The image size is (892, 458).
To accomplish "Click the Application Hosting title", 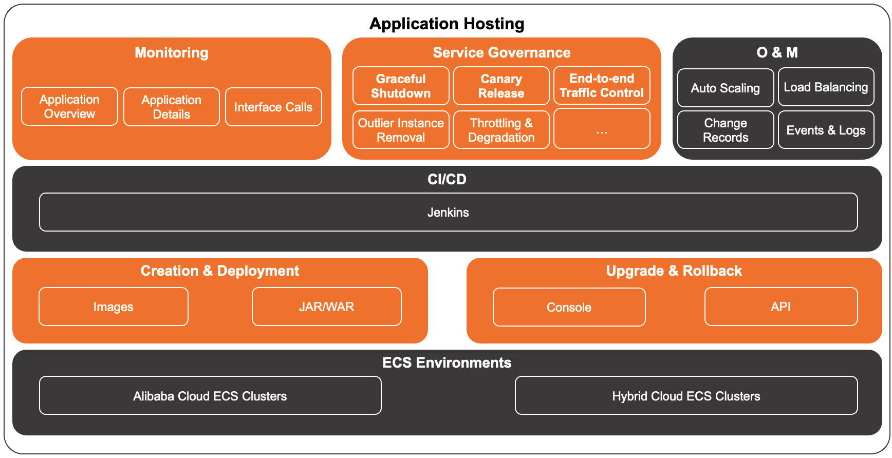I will click(447, 24).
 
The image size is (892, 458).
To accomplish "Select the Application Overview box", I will click(69, 106).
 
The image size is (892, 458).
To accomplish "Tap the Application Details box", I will click(171, 107).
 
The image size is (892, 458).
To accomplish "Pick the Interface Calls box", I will click(273, 107).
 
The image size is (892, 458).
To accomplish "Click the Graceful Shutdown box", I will click(401, 86).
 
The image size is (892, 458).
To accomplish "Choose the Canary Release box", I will click(501, 86).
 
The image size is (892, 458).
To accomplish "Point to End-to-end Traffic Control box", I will click(602, 85).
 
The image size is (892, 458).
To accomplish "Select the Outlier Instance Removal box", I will click(401, 130).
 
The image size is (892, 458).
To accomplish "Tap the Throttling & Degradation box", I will click(501, 130).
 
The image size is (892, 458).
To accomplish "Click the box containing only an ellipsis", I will click(602, 129).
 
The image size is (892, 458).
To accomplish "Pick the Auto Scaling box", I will click(725, 88).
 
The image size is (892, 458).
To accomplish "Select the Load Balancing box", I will click(826, 87).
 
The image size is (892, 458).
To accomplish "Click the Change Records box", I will click(725, 130).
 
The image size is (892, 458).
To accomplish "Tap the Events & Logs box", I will click(826, 130).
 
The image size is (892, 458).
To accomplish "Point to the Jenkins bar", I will click(448, 212).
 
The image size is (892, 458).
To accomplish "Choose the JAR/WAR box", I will click(326, 307).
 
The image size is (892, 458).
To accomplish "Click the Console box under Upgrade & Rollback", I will click(569, 307).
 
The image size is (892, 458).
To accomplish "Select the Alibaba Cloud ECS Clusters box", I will click(210, 395).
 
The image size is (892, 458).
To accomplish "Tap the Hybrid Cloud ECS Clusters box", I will click(686, 395).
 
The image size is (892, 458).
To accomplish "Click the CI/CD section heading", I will click(447, 179).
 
